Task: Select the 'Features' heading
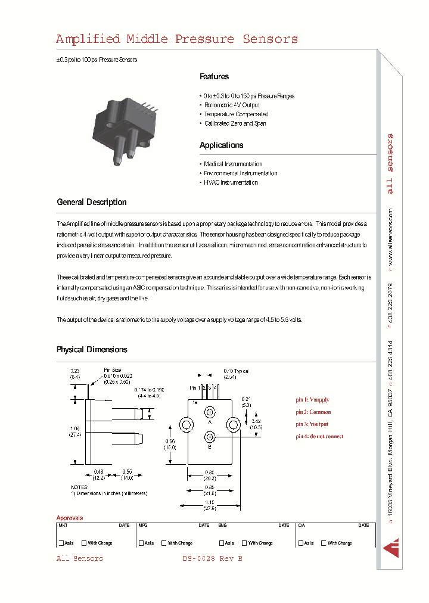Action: tap(214, 77)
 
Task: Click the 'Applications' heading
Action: tap(221, 145)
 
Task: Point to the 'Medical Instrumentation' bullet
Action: tap(233, 164)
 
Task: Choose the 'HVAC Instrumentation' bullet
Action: tap(231, 182)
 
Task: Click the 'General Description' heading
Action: tap(92, 202)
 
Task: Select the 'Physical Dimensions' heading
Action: tap(92, 350)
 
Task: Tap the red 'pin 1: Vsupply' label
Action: tap(312, 400)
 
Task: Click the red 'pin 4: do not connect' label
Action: tap(319, 436)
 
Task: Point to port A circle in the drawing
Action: tap(209, 412)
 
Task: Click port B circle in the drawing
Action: tap(209, 437)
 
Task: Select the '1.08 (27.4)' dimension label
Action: tap(75, 431)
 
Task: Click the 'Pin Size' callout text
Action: tap(112, 370)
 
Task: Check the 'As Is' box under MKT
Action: tap(61, 543)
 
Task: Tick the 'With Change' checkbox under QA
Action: tap(324, 543)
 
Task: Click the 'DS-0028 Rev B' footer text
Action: tap(212, 558)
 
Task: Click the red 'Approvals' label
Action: tap(70, 518)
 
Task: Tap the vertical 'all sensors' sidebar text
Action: tap(390, 164)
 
